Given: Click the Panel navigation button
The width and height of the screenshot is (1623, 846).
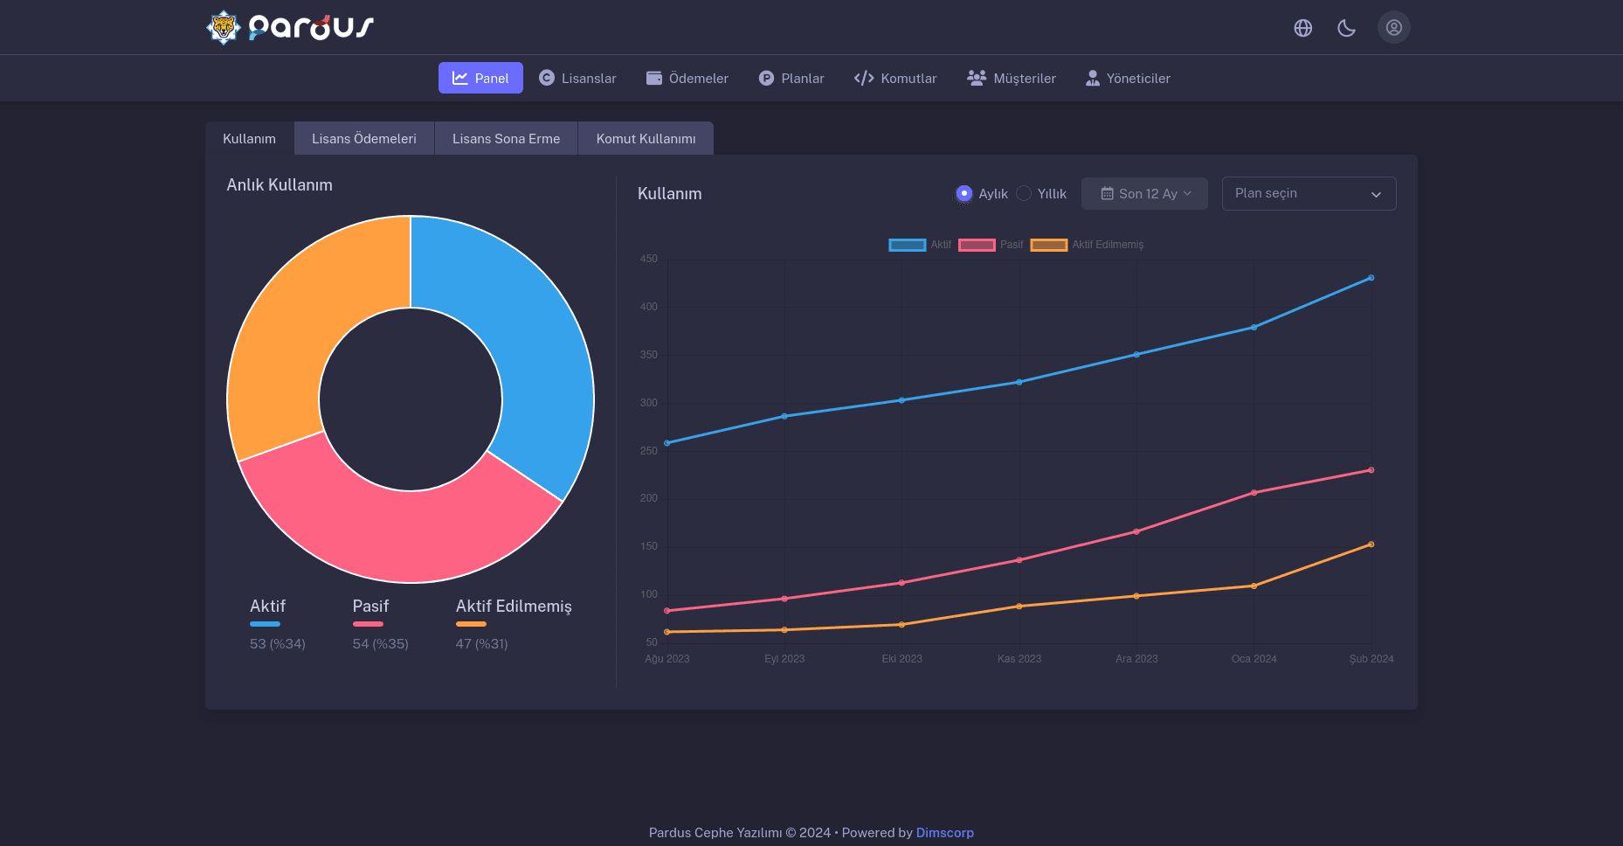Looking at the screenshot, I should tap(480, 78).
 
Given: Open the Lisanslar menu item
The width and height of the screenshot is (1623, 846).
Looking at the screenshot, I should tap(577, 78).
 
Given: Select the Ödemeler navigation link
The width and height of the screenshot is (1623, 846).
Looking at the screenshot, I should tap(687, 78).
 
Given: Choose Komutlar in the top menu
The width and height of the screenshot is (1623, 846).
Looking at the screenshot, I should tap(895, 78).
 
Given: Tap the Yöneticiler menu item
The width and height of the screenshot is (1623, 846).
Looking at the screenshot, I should tap(1128, 78).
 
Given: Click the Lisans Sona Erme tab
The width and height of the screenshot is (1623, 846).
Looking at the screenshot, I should tap(506, 139).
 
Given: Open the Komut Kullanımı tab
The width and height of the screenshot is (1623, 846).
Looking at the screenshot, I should tap(646, 139).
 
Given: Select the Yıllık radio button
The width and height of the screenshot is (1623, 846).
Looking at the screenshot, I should tap(1024, 193).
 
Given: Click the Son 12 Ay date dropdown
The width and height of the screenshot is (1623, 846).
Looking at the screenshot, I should tap(1144, 193).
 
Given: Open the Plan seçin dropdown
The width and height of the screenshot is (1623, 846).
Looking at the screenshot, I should tap(1309, 193).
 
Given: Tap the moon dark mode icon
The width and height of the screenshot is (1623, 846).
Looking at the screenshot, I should tap(1346, 28).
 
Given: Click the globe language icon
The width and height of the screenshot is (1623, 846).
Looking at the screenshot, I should tap(1303, 28).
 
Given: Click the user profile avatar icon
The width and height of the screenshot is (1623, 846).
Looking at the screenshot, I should tap(1394, 27).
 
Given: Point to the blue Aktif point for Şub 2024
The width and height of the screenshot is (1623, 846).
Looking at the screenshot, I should tap(1371, 278).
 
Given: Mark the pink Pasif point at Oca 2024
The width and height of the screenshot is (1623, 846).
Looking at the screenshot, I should tap(1254, 493).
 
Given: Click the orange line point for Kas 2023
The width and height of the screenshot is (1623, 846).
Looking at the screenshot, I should tap(1019, 607).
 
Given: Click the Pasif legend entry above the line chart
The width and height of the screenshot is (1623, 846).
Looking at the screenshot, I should tap(991, 245).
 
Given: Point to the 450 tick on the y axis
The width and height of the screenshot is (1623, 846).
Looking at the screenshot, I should tap(648, 259).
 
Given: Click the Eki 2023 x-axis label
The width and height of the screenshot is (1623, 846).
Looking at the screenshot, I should tap(901, 659).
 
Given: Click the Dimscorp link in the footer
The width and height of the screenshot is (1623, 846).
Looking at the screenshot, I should tap(944, 833).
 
